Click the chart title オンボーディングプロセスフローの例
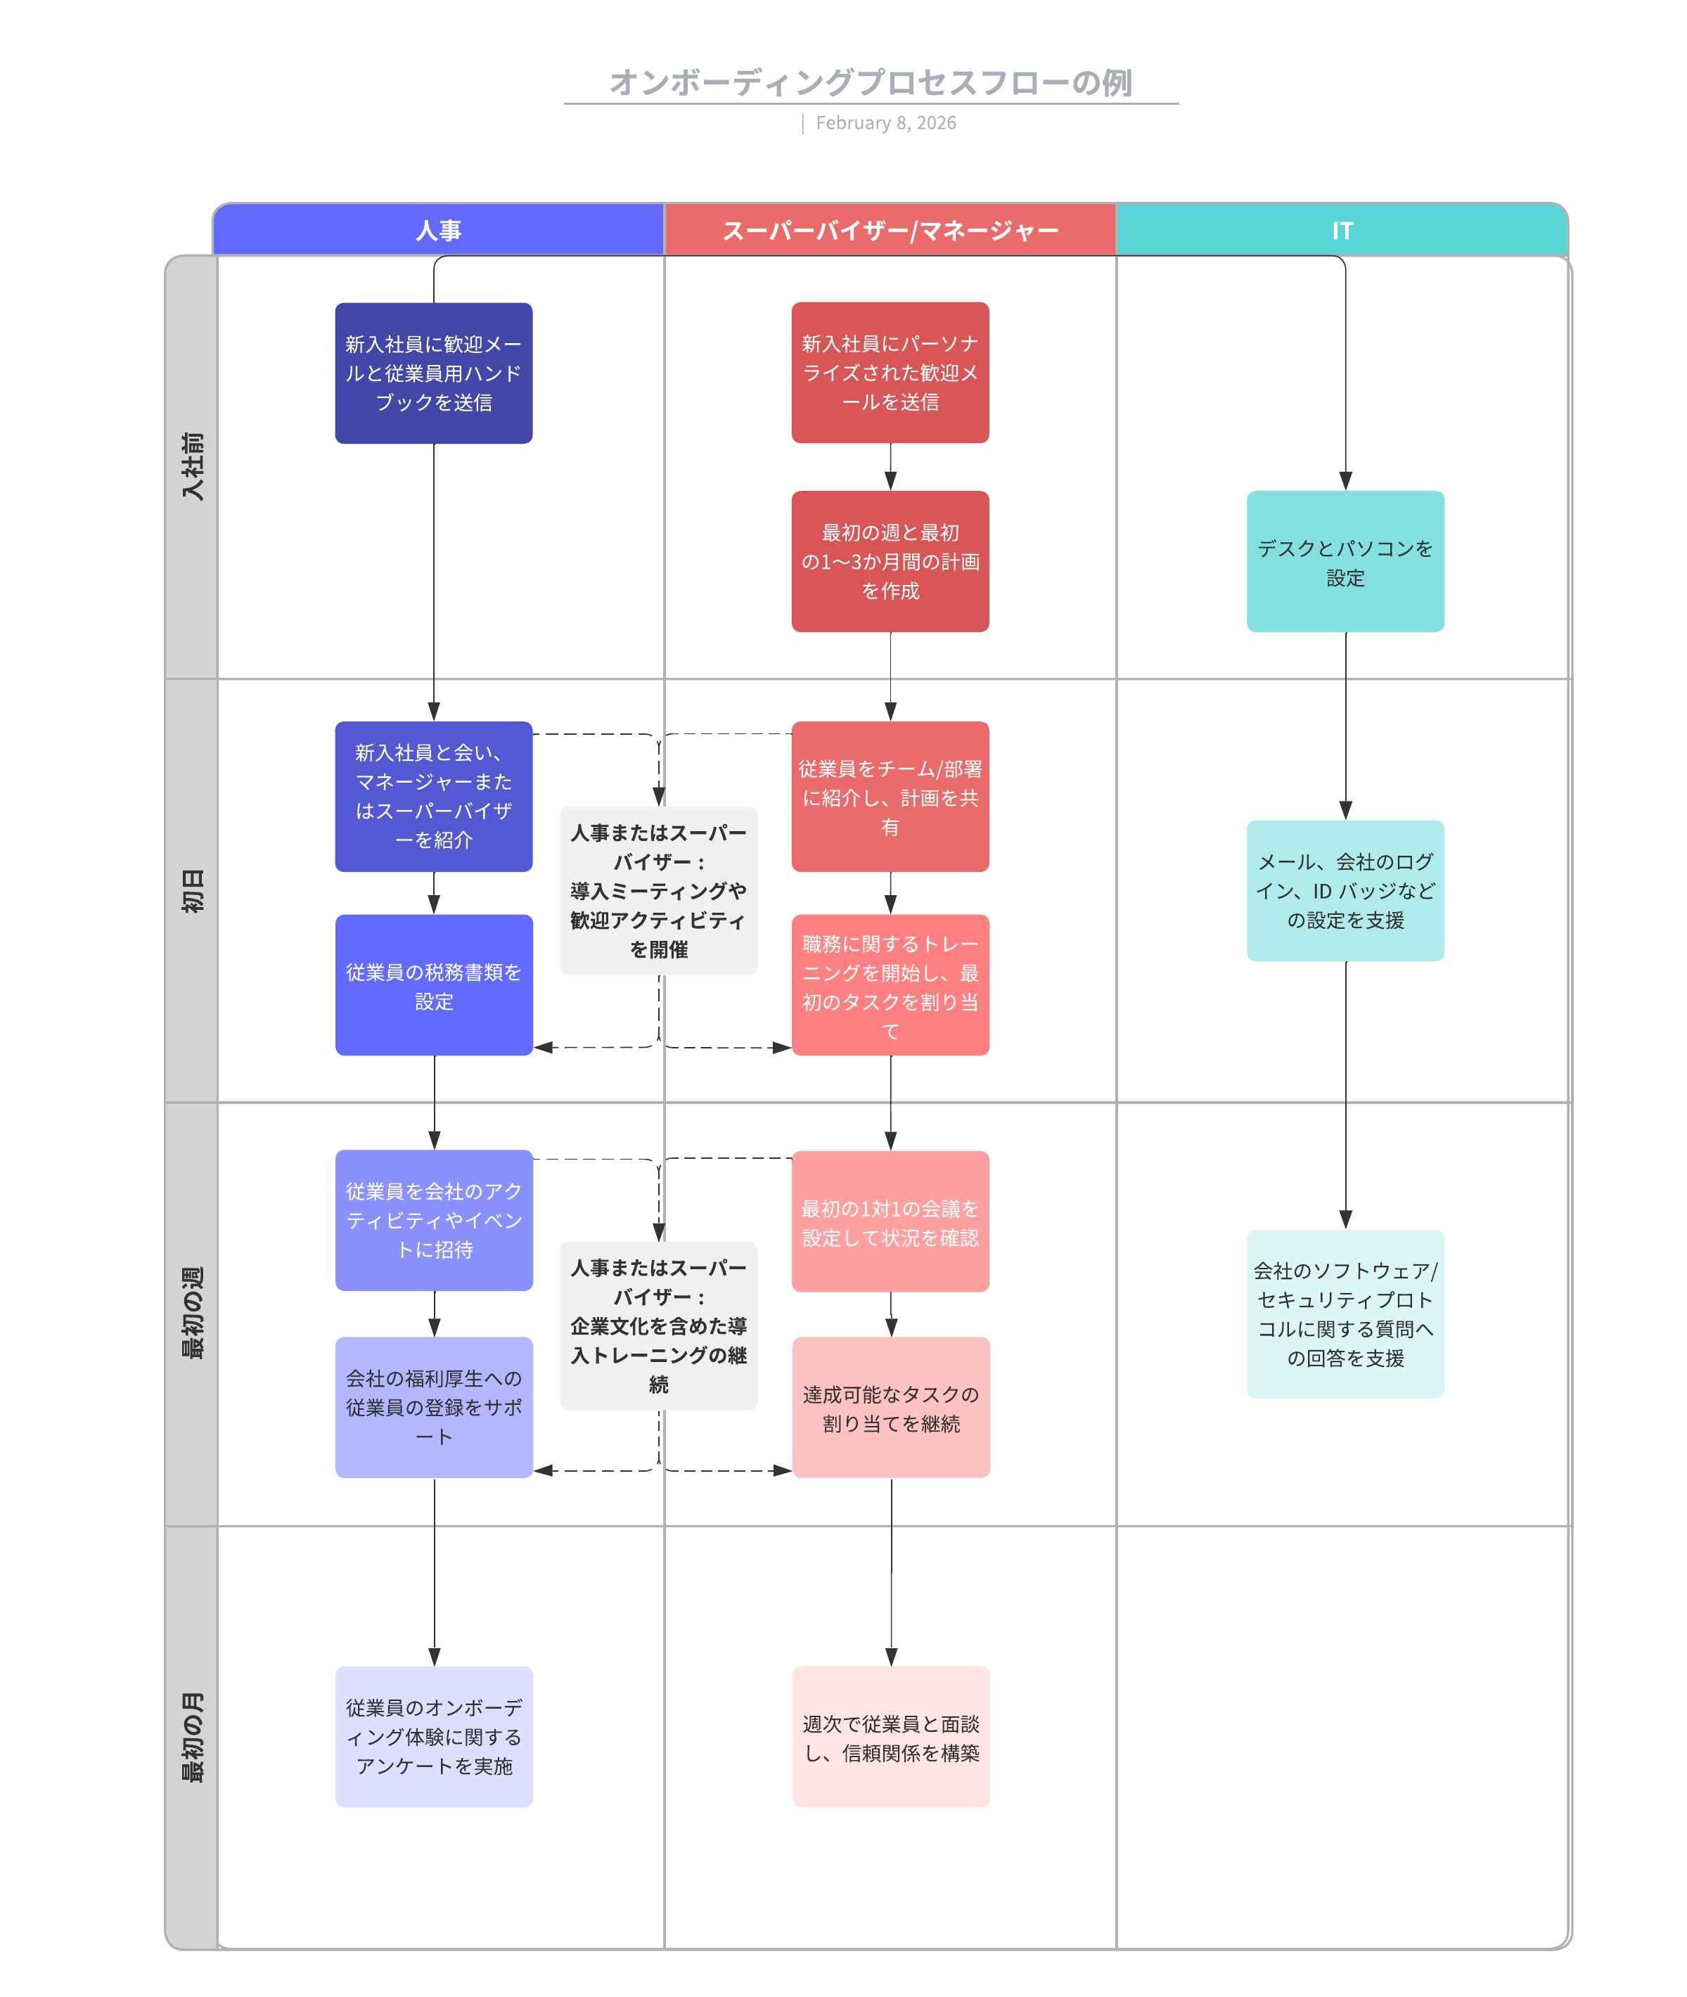pos(871,82)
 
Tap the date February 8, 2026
pos(885,123)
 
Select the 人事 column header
pos(438,231)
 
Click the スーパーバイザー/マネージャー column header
pos(890,231)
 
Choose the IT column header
pos(1342,231)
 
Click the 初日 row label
pos(192,890)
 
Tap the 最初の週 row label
pos(192,1313)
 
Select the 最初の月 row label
pos(192,1737)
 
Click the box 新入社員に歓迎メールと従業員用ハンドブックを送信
pos(433,373)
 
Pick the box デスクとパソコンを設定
pos(1345,561)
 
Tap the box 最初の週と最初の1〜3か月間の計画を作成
pos(890,561)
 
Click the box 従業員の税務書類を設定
pos(433,985)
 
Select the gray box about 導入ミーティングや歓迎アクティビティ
pos(658,890)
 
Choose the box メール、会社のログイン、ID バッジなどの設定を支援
pos(1345,890)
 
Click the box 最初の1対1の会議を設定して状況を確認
pos(890,1221)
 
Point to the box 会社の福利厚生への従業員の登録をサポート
pos(433,1407)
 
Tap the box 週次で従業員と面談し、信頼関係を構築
pos(890,1737)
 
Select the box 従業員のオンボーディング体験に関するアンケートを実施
pos(433,1737)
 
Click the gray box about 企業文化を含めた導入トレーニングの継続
pos(658,1325)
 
